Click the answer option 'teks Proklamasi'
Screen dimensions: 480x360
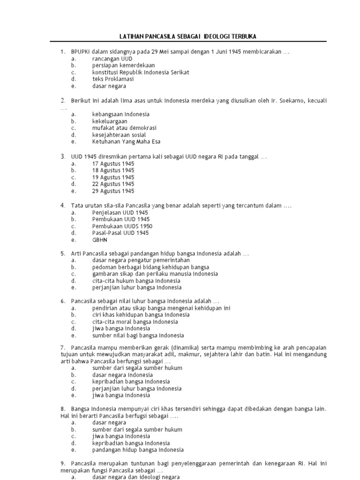pos(113,79)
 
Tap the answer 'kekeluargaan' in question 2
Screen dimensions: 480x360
pos(110,121)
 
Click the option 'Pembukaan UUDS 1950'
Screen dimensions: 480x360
pos(122,226)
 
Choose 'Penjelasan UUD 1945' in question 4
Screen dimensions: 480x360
pos(120,212)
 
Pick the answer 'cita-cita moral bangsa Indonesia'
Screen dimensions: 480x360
pos(135,322)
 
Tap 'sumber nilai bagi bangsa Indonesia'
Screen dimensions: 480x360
pos(138,336)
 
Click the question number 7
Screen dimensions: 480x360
pos(62,347)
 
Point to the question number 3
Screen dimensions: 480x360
pos(62,156)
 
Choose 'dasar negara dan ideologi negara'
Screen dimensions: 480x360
pos(136,477)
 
